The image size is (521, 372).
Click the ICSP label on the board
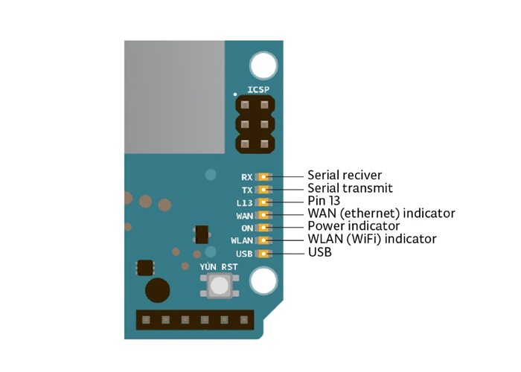[x=258, y=91]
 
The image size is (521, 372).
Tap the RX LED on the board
[x=264, y=177]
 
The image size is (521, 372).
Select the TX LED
[x=264, y=190]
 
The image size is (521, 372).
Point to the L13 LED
[x=264, y=202]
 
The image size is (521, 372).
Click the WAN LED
[x=264, y=215]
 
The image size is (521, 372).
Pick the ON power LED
[x=264, y=228]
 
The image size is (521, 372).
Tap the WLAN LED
[x=264, y=240]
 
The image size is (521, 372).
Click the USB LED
[x=264, y=254]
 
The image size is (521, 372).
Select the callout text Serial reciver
[x=345, y=176]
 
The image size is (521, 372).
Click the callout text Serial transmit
[x=350, y=188]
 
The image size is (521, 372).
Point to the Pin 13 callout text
[x=325, y=201]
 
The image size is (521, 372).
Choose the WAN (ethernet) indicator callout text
[x=381, y=214]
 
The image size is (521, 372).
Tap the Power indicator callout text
[x=354, y=225]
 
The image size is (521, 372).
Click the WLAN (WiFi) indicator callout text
[x=371, y=239]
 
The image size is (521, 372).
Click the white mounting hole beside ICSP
[x=263, y=65]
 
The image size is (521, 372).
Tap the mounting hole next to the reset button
[x=263, y=281]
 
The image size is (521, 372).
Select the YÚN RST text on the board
[x=218, y=267]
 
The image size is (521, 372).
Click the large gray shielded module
[x=173, y=96]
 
